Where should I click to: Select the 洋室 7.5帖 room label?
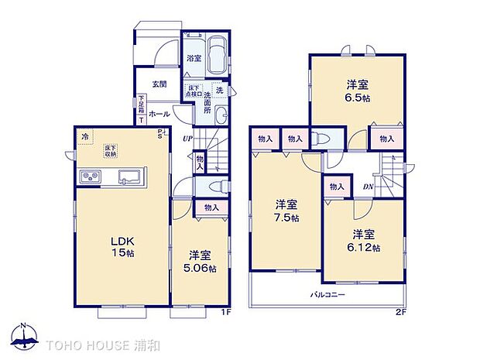click(286, 211)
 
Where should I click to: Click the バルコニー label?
click(328, 295)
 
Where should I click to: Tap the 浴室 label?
click(192, 58)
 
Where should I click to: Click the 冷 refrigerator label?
click(84, 136)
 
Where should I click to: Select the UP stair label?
click(187, 139)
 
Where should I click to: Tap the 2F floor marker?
click(399, 312)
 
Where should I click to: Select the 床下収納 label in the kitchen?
click(112, 151)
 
